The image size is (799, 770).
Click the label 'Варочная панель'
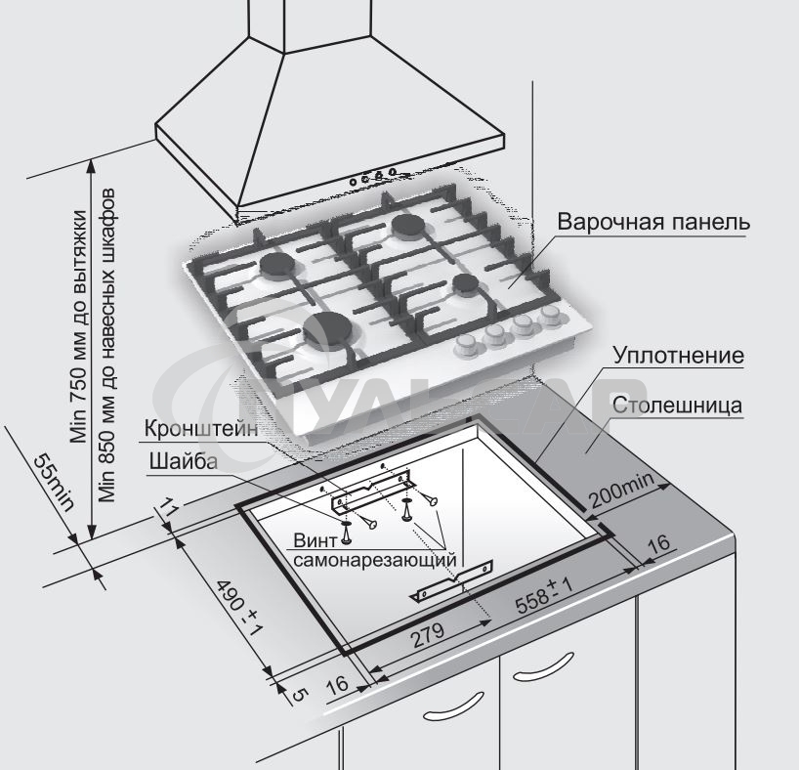pyautogui.click(x=653, y=221)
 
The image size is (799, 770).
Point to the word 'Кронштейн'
pyautogui.click(x=201, y=429)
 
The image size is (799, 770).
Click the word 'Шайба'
pyautogui.click(x=184, y=461)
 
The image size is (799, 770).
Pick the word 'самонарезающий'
pyautogui.click(x=375, y=561)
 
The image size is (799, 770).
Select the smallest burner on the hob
pyautogui.click(x=465, y=283)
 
